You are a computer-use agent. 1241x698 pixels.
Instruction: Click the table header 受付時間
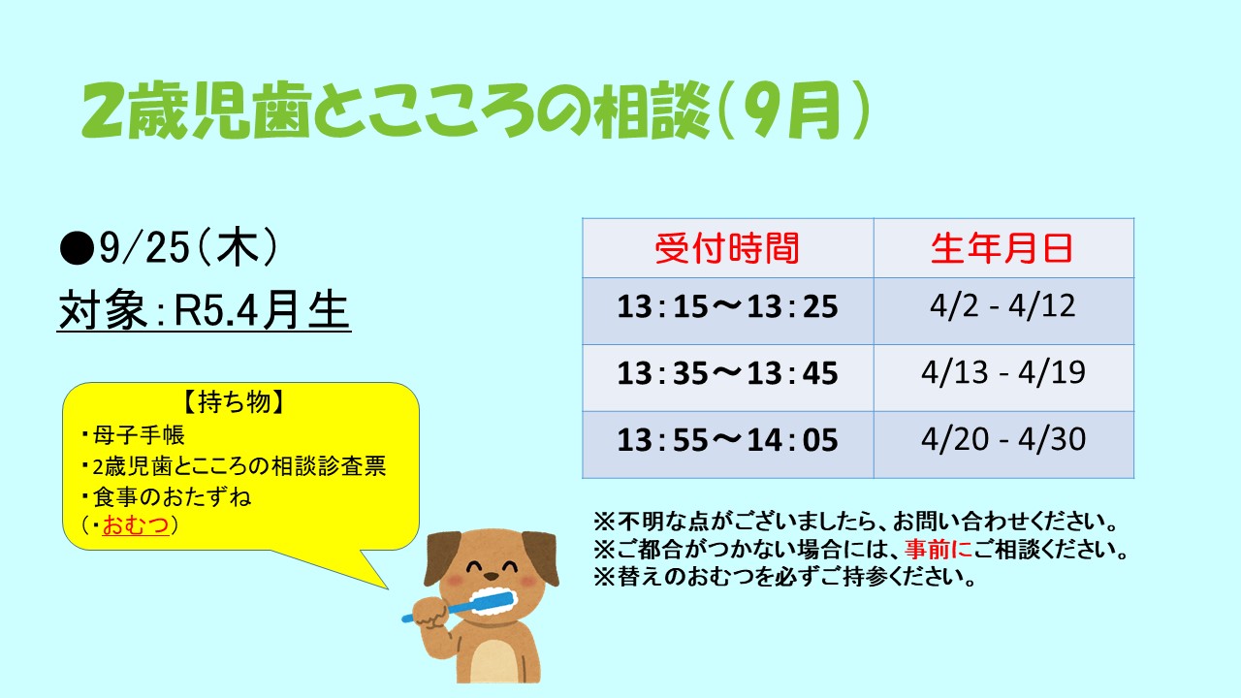pos(727,248)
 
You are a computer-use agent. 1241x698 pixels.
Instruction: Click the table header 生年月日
pos(1002,248)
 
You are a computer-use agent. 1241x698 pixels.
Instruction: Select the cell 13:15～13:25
pos(727,306)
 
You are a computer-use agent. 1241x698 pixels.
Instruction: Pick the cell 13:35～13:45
pos(727,373)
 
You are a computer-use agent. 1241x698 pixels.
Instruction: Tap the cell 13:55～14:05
pos(727,440)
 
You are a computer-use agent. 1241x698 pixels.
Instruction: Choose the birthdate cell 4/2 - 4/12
pos(1002,305)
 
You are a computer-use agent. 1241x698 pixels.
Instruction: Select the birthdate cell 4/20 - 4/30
pos(1003,439)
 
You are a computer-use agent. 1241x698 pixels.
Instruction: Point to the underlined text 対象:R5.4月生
pos(204,311)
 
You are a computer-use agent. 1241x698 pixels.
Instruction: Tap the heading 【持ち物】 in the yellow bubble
pos(235,401)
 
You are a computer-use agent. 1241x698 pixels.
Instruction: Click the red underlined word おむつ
pos(135,524)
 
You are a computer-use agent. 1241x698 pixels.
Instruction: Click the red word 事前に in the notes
pos(939,549)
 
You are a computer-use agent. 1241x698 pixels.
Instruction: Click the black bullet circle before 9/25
pos(77,249)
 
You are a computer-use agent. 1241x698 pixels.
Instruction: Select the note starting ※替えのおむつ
pos(784,577)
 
